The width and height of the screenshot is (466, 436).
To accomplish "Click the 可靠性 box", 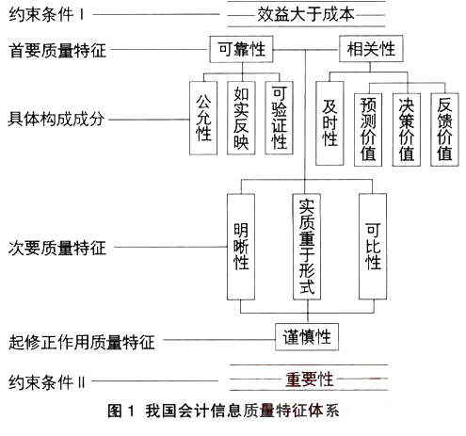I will [x=242, y=47].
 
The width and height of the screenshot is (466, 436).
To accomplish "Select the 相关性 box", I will [x=371, y=47].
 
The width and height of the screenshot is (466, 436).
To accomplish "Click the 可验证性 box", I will [x=279, y=120].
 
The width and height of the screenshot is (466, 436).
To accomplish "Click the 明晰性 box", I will [x=241, y=248].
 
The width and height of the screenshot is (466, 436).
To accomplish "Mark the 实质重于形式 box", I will [x=306, y=248].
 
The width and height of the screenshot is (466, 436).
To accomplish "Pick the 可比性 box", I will [x=373, y=248].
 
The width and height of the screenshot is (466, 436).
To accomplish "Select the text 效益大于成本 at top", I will [x=306, y=15].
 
